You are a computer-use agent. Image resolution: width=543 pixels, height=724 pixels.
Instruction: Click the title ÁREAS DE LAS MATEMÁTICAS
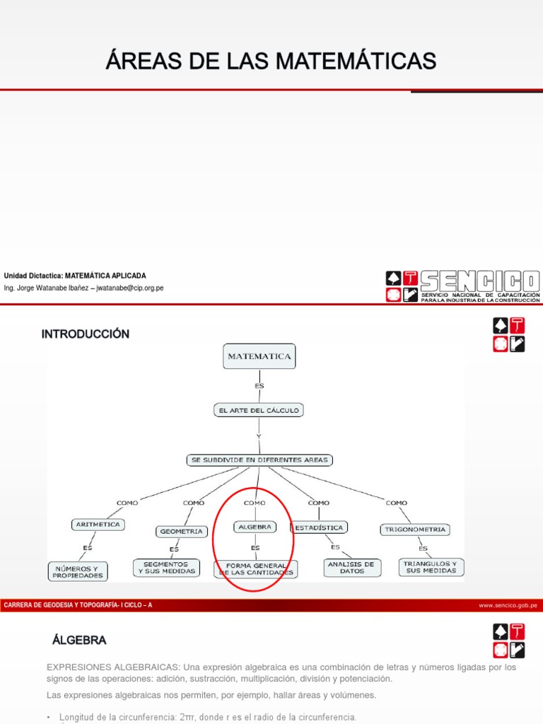click(x=271, y=61)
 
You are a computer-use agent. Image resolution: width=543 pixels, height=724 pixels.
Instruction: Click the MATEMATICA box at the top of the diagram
click(x=259, y=357)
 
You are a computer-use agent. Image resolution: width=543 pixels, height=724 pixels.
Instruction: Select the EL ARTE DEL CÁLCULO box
click(x=258, y=409)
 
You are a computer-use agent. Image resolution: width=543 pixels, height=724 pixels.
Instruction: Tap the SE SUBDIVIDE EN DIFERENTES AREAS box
click(x=259, y=460)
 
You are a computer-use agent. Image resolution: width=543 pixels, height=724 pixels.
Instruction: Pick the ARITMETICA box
click(x=98, y=525)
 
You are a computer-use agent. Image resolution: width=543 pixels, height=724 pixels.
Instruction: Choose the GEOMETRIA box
click(x=181, y=531)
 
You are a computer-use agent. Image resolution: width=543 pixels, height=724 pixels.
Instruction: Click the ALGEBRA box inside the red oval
click(x=254, y=527)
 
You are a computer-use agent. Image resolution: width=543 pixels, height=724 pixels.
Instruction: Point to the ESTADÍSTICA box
click(x=318, y=527)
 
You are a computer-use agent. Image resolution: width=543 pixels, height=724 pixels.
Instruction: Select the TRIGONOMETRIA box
click(x=414, y=529)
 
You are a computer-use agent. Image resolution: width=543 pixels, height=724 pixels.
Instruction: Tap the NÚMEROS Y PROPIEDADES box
click(x=78, y=571)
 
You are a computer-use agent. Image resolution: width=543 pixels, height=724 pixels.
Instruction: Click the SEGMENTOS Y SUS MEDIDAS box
click(x=167, y=568)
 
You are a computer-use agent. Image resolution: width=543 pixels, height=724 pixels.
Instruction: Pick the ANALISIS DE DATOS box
click(x=351, y=567)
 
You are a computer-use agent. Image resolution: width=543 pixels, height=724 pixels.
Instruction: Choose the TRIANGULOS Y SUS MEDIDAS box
click(x=431, y=567)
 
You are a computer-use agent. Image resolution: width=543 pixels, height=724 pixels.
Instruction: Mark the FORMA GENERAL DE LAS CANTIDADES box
click(x=256, y=569)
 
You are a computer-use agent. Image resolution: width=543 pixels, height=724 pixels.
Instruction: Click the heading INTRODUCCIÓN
click(x=86, y=334)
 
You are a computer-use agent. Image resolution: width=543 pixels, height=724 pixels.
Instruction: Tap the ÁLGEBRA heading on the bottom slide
click(x=79, y=640)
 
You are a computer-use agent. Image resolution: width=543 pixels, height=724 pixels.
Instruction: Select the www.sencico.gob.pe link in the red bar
click(x=508, y=605)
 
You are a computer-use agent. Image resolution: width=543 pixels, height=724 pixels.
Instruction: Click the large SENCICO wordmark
click(x=480, y=281)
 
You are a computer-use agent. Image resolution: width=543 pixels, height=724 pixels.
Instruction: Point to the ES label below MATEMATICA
click(x=259, y=386)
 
